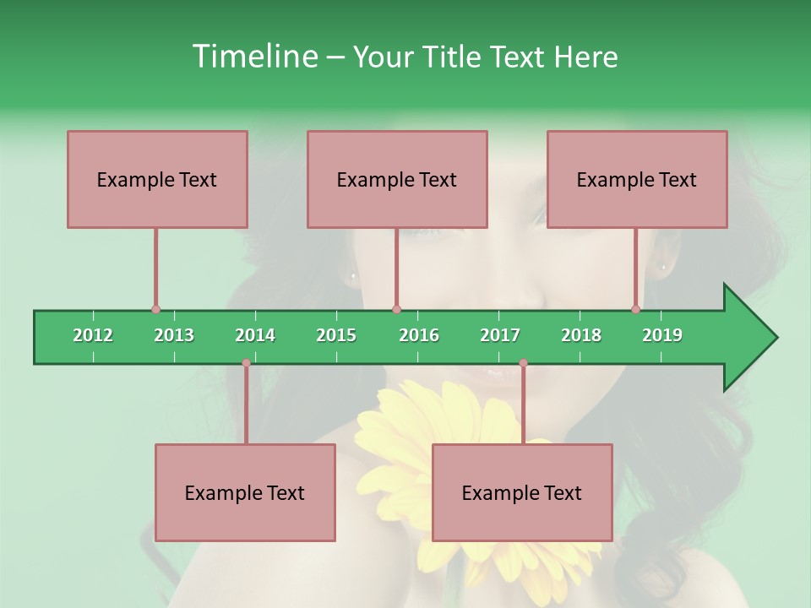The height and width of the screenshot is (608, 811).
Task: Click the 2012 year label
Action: coord(93,335)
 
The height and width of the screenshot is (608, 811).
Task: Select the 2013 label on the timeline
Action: coord(174,335)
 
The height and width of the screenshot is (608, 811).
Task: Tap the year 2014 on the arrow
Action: coord(255,335)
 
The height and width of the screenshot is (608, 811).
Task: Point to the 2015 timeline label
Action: coord(336,335)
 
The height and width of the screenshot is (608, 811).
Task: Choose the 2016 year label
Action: coord(419,335)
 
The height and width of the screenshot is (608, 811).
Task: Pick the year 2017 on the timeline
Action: coord(500,335)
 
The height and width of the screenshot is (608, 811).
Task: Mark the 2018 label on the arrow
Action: coord(581,335)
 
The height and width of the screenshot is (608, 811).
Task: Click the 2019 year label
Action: coord(662,335)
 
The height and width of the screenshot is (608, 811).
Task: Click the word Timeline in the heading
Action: coord(253,57)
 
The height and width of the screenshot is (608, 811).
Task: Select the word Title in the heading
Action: coord(453,57)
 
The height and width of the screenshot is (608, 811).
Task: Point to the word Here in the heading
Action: coord(585,57)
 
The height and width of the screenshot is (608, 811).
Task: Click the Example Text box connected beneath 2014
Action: coord(245,492)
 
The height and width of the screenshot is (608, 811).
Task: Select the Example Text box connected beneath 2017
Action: coord(522,492)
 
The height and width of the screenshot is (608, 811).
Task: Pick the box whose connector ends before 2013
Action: coord(157,179)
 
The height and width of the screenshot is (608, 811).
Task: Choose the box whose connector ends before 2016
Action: coord(397,179)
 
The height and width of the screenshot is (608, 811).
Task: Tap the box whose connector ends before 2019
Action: coord(637,179)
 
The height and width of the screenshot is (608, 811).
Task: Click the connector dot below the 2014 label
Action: coord(246,363)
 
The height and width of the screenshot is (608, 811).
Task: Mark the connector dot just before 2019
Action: coord(636,309)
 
